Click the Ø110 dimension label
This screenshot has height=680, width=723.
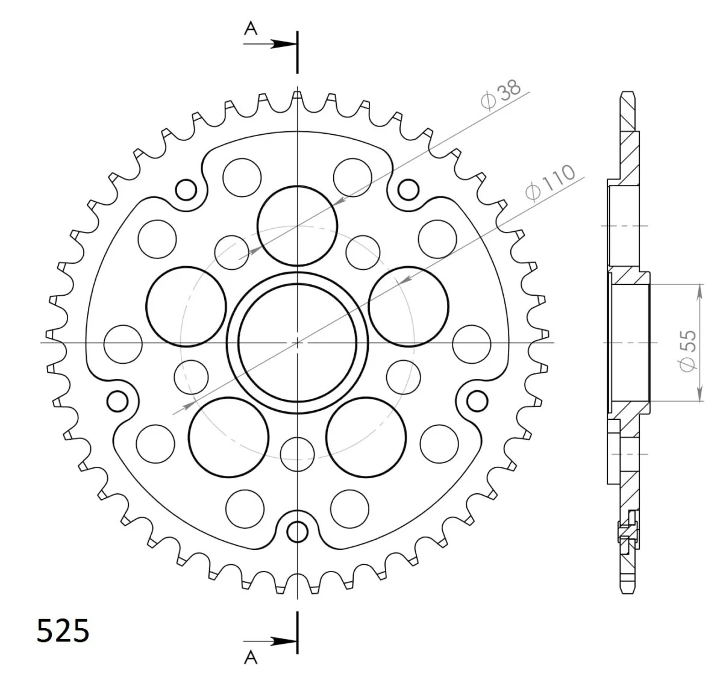550,182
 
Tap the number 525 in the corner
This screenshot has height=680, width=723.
63,630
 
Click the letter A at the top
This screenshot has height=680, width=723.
251,28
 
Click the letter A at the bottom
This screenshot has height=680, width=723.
251,658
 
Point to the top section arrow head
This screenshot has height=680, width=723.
285,44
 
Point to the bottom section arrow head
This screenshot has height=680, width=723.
285,641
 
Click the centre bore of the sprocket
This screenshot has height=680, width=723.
297,343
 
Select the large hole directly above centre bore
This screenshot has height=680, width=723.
297,226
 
